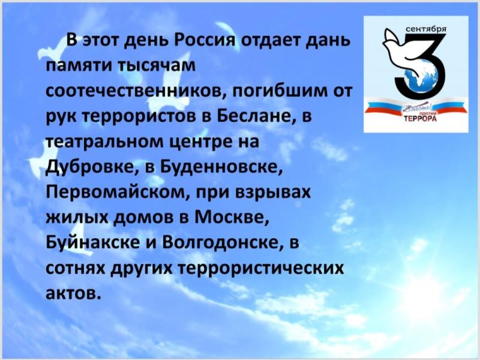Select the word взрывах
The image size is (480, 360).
click(273, 193)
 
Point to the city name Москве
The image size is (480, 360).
click(232, 217)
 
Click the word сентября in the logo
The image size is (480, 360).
click(426, 29)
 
